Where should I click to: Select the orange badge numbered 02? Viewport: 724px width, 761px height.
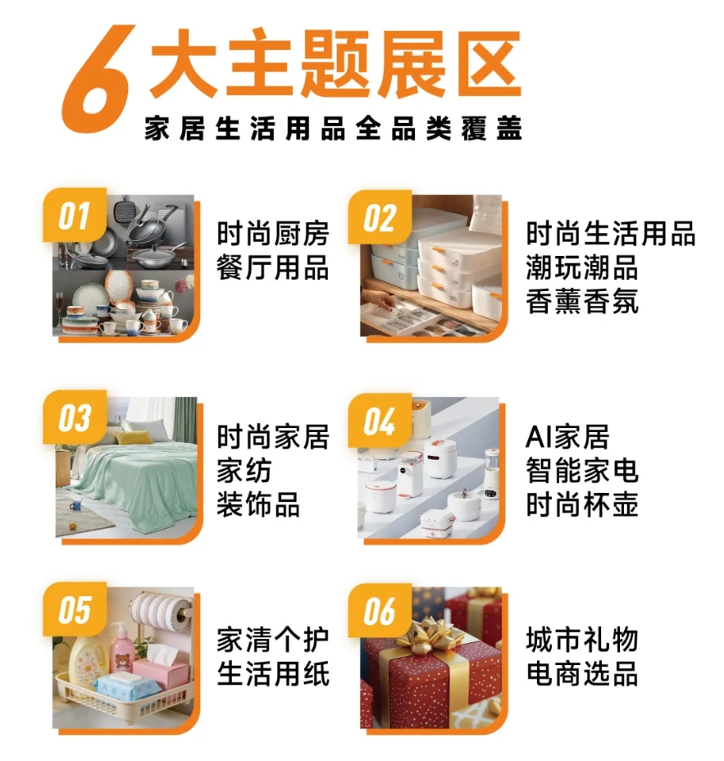click(380, 218)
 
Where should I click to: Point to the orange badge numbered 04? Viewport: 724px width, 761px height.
click(380, 422)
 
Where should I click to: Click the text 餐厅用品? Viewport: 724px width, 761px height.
click(273, 267)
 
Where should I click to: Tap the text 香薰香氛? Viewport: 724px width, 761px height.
click(582, 301)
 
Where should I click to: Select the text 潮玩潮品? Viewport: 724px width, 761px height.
click(582, 267)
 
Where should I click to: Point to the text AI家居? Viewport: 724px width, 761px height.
click(567, 437)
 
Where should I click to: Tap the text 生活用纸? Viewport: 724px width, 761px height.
click(273, 673)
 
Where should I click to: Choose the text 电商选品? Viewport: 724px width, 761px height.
click(582, 673)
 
